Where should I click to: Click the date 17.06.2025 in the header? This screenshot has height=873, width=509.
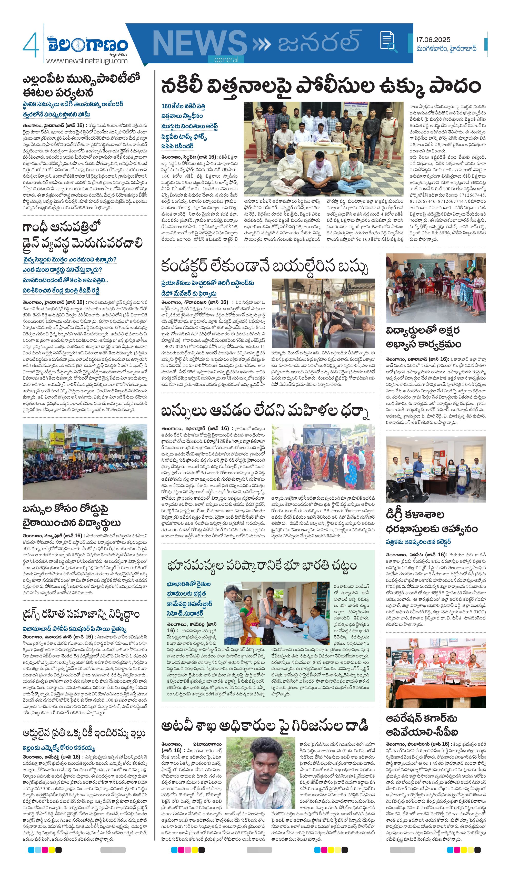[x=433, y=40]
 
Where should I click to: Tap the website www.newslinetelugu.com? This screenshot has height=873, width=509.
[x=87, y=61]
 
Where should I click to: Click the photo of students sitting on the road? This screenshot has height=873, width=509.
[x=85, y=461]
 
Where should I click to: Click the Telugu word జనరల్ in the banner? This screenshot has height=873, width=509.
[x=318, y=41]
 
